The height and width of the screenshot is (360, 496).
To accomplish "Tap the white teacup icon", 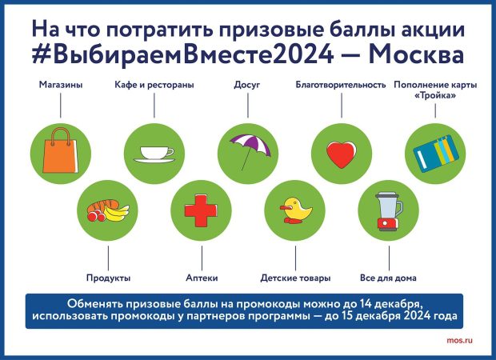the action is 154,154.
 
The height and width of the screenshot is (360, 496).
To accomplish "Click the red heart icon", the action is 342,154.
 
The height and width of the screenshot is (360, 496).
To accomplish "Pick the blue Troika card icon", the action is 436,154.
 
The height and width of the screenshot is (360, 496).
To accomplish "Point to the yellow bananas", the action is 117,213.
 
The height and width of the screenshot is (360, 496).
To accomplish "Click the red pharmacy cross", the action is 201,210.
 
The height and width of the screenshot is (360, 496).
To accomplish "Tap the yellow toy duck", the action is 296,210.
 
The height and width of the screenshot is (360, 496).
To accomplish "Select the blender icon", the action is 389,211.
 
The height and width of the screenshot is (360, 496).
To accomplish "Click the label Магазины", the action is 61,85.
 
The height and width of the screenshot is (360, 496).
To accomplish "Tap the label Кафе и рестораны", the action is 154,85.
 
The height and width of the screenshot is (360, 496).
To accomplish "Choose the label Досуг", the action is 246,85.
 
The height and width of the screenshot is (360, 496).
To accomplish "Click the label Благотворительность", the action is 341,85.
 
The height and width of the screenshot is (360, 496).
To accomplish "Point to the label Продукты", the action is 108,278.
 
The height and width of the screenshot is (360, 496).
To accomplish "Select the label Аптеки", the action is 202,278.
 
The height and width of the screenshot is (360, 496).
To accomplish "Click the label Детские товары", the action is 295,278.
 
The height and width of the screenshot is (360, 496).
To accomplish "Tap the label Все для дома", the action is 388,278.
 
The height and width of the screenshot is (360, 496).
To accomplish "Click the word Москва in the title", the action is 417,54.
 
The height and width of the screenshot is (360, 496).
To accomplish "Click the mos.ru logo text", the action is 460,341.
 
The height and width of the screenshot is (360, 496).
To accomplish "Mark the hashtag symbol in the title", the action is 40,54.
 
